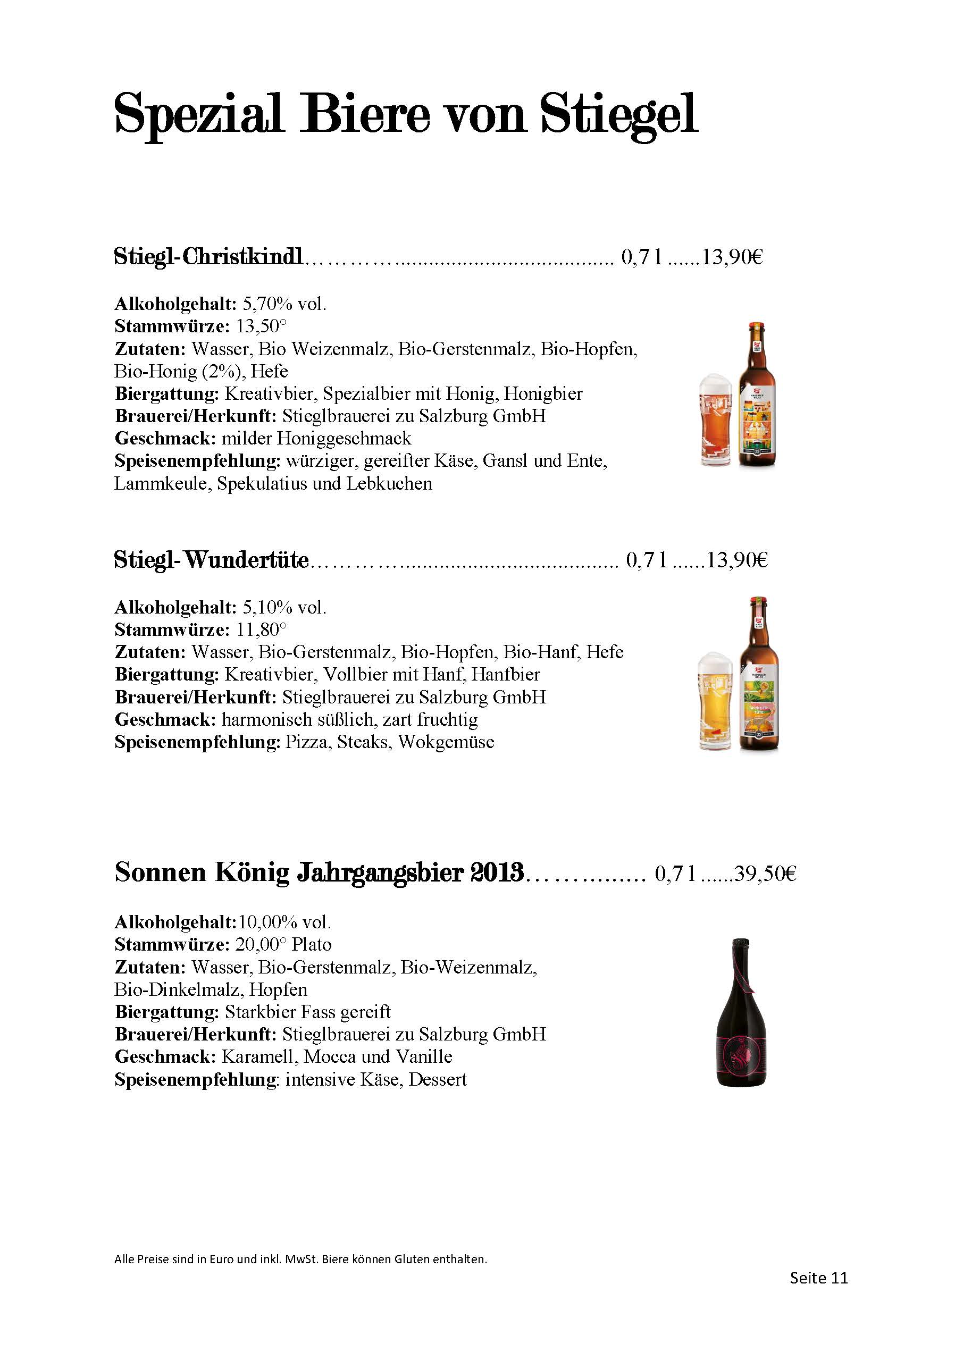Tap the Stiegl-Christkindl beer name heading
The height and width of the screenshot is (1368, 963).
point(208,257)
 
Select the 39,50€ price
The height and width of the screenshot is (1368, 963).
point(765,874)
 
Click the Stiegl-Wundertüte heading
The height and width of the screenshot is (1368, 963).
point(212,560)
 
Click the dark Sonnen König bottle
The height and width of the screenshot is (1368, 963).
point(741,1012)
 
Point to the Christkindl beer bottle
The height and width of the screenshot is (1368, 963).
point(757,395)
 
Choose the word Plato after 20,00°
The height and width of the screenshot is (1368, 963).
point(311,944)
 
